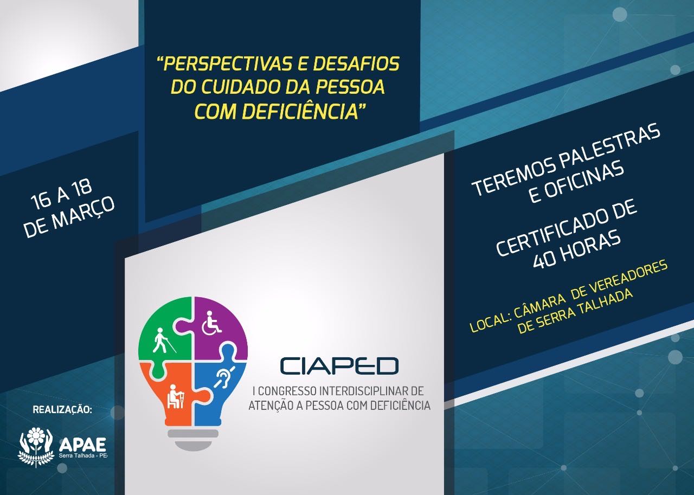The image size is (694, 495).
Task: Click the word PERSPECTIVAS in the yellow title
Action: tap(226, 64)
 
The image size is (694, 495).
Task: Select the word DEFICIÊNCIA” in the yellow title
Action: tap(303, 111)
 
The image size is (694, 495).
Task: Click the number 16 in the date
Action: tap(41, 201)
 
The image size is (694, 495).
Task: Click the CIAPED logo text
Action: tap(339, 366)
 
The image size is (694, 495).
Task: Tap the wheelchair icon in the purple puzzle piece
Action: tap(211, 323)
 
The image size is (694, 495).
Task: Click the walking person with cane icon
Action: tap(164, 340)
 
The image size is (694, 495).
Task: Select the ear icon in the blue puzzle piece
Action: tap(224, 377)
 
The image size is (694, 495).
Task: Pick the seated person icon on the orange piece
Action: tap(175, 396)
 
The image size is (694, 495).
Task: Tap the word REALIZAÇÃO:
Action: tap(62, 409)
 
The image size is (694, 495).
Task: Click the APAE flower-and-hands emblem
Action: tap(36, 447)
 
